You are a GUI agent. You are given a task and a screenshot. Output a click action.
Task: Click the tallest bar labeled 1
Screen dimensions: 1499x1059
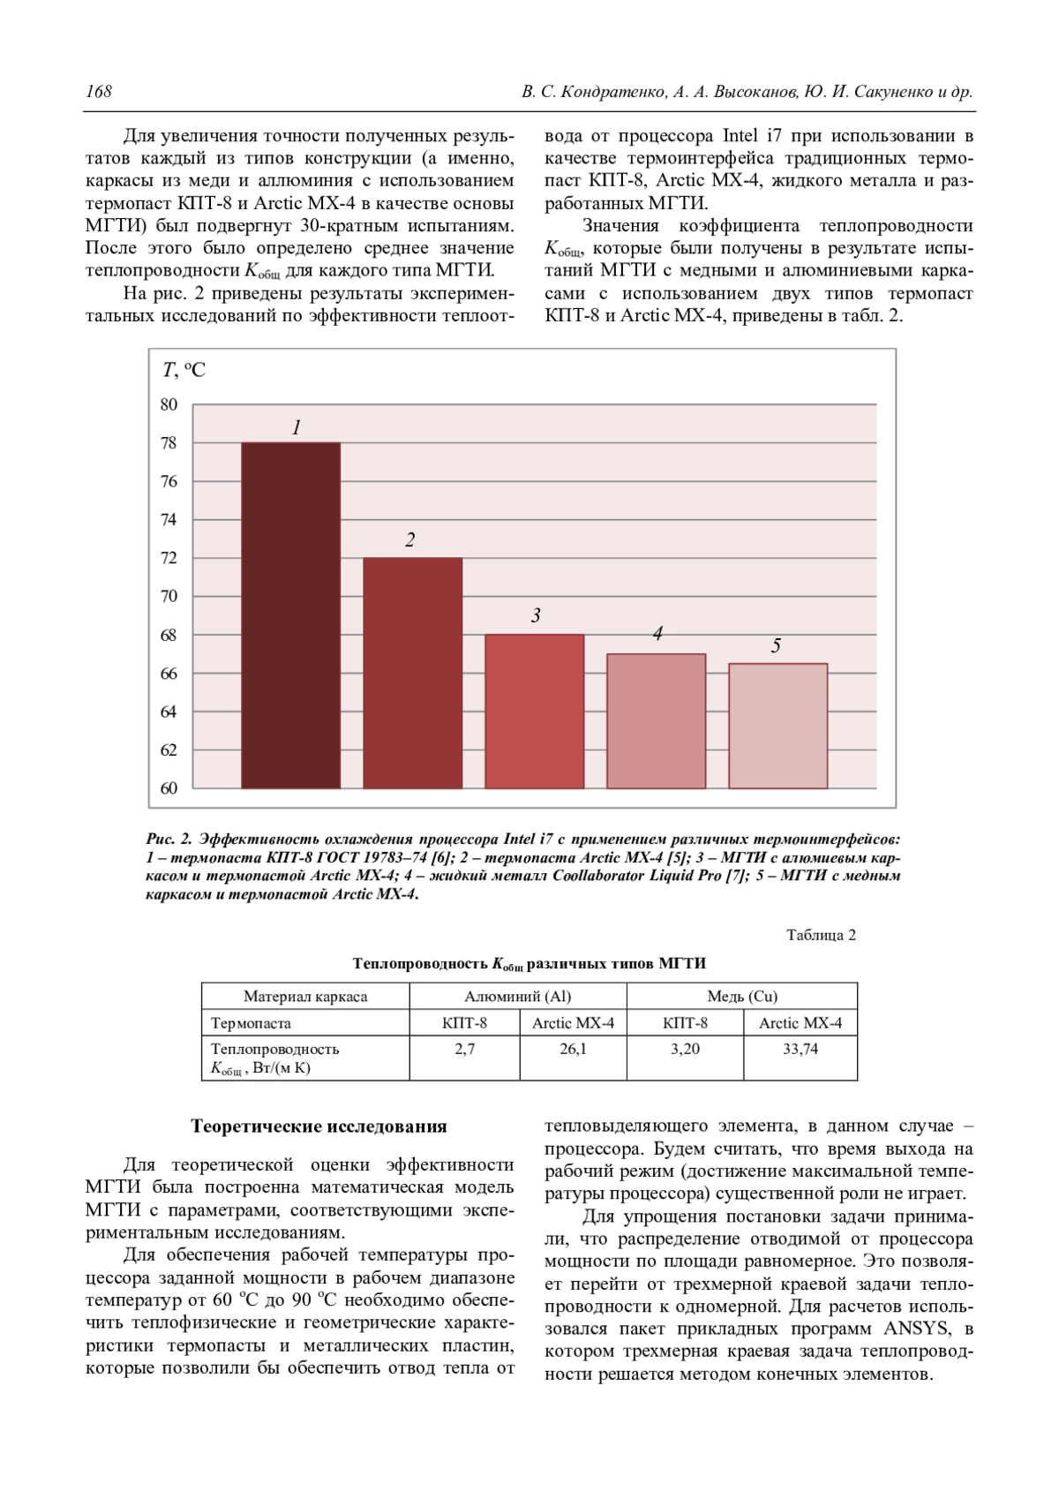click(x=290, y=615)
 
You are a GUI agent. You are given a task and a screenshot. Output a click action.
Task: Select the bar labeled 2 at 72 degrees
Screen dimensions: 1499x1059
click(x=412, y=673)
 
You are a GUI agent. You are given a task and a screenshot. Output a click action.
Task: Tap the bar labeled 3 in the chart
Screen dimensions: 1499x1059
click(x=534, y=711)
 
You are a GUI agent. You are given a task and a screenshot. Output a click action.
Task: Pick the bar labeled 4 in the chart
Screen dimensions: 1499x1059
click(x=656, y=720)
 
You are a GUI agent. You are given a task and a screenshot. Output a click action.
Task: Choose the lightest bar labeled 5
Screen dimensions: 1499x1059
click(x=777, y=726)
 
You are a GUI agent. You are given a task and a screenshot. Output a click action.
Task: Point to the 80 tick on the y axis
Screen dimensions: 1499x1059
click(x=169, y=405)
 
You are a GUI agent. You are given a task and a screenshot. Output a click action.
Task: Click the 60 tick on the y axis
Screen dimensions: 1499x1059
click(x=169, y=788)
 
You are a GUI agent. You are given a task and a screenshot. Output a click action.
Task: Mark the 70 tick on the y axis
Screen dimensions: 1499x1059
click(x=169, y=597)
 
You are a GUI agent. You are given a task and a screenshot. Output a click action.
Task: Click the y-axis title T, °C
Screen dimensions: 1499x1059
click(x=184, y=371)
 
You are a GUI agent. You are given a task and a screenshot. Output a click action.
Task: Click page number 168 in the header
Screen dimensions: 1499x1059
click(x=99, y=92)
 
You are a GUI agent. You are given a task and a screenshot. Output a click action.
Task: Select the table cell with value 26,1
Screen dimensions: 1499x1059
click(x=573, y=1049)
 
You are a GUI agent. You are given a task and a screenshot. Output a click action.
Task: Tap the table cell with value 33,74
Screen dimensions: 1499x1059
click(x=800, y=1049)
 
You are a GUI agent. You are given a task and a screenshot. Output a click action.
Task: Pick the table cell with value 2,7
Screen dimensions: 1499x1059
click(x=464, y=1049)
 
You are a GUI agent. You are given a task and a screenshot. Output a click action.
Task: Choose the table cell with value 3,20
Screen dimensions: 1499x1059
click(x=685, y=1049)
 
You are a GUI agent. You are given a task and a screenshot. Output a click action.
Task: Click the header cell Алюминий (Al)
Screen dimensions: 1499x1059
click(x=518, y=997)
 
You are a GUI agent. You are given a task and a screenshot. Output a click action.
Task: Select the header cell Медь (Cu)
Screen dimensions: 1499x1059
click(x=742, y=997)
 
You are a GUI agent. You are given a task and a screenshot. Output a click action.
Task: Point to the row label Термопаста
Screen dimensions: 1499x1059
click(x=251, y=1023)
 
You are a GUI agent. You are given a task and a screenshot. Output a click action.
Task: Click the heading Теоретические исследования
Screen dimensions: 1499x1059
click(x=319, y=1126)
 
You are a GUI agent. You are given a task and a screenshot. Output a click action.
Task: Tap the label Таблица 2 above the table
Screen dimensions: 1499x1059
click(x=821, y=935)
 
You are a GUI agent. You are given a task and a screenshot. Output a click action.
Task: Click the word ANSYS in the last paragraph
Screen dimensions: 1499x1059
click(x=917, y=1329)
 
